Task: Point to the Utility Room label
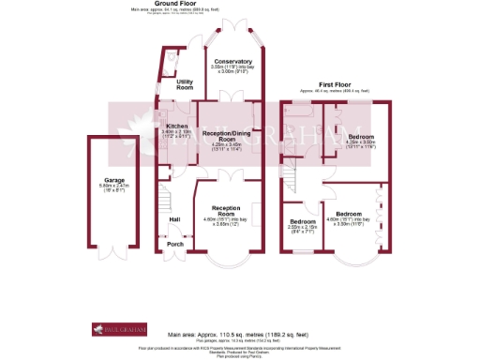click(184, 85)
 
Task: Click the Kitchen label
click(176, 126)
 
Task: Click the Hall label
click(174, 219)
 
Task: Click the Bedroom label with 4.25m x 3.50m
click(360, 137)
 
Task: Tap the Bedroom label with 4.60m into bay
click(349, 213)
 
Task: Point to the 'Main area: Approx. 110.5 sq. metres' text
click(238, 334)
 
